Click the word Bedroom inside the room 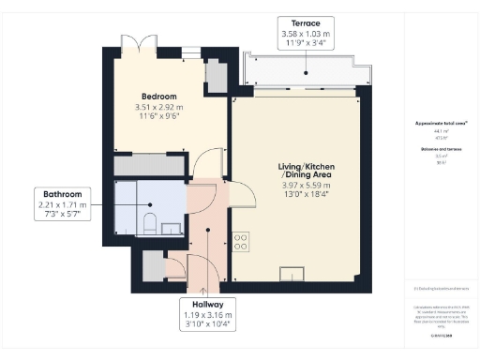pos(158,97)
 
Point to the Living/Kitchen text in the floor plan pos(300,168)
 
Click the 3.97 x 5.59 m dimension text pos(300,187)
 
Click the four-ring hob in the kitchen pos(240,240)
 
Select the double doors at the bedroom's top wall pos(132,46)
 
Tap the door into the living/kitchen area pos(242,192)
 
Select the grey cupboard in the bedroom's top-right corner pos(214,76)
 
